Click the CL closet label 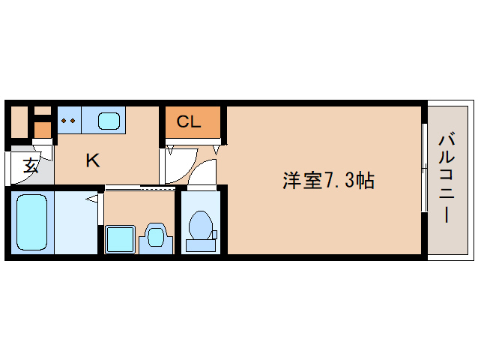pyautogui.click(x=189, y=121)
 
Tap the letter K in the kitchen pyautogui.click(x=92, y=160)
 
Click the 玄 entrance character pyautogui.click(x=29, y=166)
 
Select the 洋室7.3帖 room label pyautogui.click(x=328, y=181)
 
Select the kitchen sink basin pyautogui.click(x=109, y=119)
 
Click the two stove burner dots pyautogui.click(x=68, y=119)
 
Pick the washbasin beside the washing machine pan pyautogui.click(x=156, y=237)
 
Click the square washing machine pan pyautogui.click(x=119, y=239)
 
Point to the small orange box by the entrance pyautogui.click(x=43, y=129)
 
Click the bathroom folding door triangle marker pyautogui.click(x=93, y=199)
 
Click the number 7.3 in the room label pyautogui.click(x=339, y=181)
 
